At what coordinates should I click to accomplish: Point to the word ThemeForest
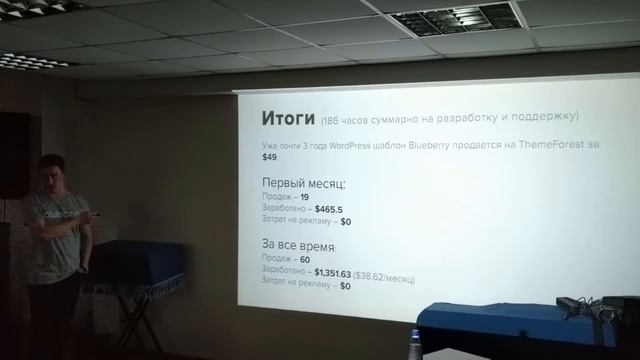[x=556, y=146]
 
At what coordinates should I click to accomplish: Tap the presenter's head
[x=50, y=172]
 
